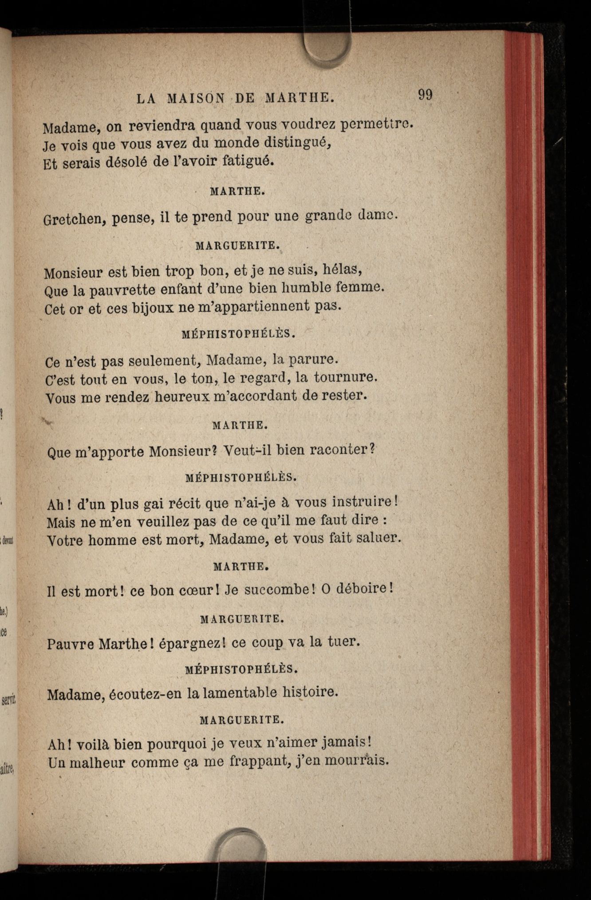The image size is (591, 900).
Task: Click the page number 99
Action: click(x=425, y=95)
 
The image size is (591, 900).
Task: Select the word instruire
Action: click(x=365, y=502)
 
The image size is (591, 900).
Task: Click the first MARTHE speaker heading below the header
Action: click(x=237, y=192)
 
